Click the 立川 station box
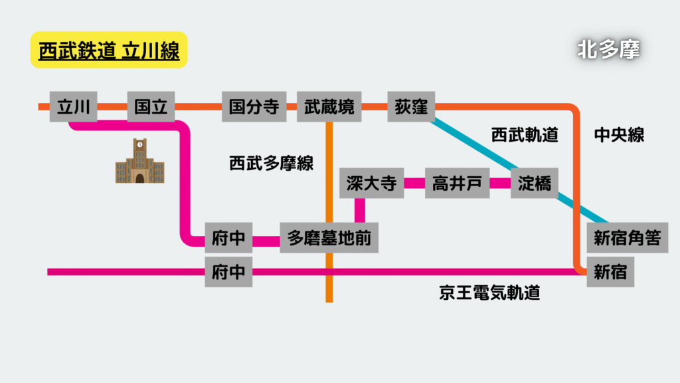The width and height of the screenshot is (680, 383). (73, 106)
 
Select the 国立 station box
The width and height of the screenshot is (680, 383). (151, 106)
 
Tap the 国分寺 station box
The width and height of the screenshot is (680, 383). (254, 106)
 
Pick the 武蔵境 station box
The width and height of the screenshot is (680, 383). (329, 106)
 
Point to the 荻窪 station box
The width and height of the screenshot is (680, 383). (411, 106)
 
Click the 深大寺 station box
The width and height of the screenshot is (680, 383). (372, 184)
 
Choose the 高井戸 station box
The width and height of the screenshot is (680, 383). (457, 184)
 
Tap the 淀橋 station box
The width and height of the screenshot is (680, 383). (535, 184)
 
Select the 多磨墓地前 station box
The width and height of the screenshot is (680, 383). (329, 237)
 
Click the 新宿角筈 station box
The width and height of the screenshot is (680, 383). (628, 237)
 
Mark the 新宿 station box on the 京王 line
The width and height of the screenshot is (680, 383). (610, 272)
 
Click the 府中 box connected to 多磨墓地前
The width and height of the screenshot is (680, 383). (228, 237)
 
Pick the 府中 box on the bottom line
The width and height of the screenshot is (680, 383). (228, 272)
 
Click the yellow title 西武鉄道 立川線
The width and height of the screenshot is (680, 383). (109, 50)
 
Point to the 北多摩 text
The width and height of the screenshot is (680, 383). (608, 49)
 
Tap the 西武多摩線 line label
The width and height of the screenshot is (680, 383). (271, 164)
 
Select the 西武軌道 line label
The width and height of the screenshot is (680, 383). (525, 135)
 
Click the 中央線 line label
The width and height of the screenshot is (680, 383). (620, 135)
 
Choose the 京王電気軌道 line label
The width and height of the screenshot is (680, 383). (489, 293)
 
